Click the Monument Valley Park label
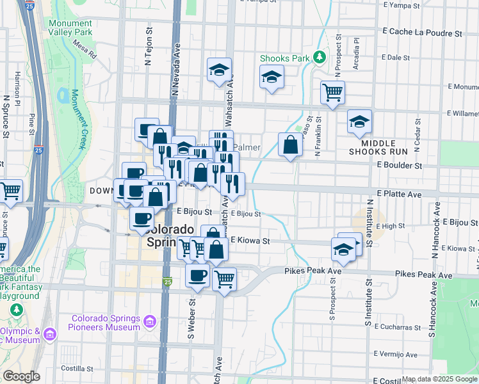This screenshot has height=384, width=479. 70,28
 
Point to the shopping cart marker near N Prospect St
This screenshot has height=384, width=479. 332,92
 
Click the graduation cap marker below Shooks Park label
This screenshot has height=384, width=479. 272,78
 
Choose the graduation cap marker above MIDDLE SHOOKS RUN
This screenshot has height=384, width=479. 359,121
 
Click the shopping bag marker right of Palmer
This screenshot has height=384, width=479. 290,145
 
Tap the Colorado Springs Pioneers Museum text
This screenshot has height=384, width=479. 106,323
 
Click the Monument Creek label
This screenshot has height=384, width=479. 77,119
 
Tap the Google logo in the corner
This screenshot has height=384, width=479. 21,376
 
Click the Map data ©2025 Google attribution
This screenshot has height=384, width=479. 440,379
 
